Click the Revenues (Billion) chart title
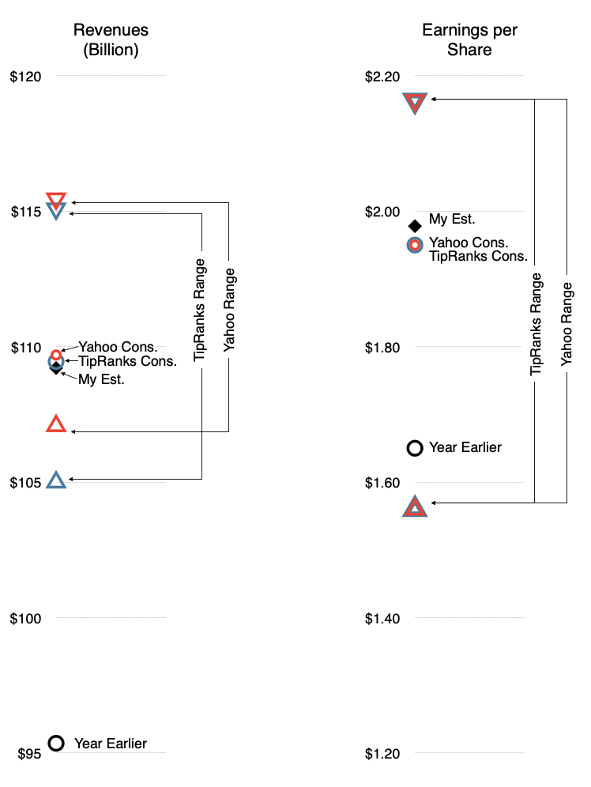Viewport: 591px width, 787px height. tap(111, 40)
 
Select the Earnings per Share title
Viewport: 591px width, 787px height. tap(469, 40)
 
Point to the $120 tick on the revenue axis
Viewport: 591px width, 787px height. tap(25, 77)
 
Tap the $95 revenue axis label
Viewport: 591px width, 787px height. tap(29, 754)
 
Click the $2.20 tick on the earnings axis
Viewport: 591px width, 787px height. tap(382, 77)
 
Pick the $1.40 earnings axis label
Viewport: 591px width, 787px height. tap(382, 619)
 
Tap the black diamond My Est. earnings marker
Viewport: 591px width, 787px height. tap(415, 226)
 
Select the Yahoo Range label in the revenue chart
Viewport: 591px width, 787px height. tap(229, 310)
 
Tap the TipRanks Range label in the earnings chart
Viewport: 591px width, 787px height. tap(536, 324)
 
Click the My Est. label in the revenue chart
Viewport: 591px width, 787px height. tap(101, 379)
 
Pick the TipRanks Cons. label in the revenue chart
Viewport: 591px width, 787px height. tap(127, 361)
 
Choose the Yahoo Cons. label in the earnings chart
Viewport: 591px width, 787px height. tap(469, 243)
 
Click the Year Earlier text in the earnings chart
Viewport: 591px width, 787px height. tap(465, 447)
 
